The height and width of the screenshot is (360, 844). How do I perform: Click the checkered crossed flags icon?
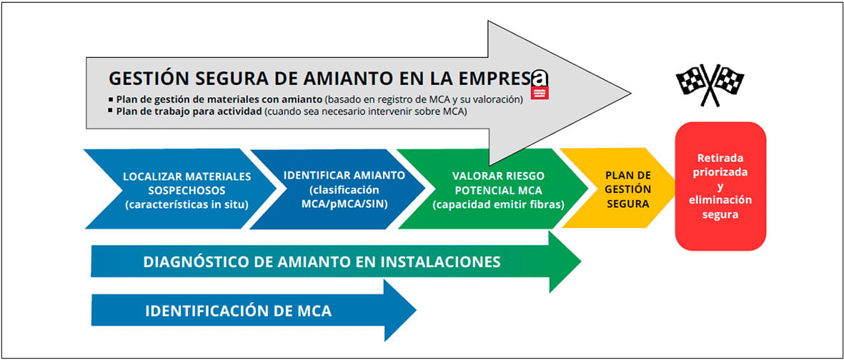click(709, 85)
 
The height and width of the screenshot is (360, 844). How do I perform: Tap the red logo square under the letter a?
click(541, 92)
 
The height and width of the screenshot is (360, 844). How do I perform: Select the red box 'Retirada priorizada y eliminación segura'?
click(720, 186)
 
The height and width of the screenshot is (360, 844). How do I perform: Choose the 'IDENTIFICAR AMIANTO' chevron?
click(344, 189)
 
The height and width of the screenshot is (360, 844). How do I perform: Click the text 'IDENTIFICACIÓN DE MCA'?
click(238, 311)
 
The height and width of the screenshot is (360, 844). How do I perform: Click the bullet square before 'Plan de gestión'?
click(111, 99)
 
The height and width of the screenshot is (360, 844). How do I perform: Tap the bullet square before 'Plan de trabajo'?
click(111, 111)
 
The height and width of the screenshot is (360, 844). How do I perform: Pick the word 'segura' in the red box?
click(720, 214)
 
